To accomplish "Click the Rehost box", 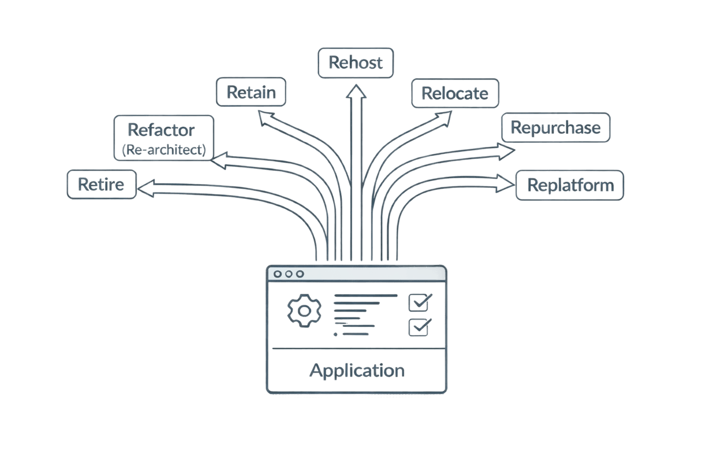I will pos(356,63).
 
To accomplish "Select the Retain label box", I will pos(251,92).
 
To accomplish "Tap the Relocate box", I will pos(455,93).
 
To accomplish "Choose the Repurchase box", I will pos(555,127).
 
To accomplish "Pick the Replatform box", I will pos(570,185).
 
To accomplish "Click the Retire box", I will pos(101,185).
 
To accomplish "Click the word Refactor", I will pos(161,130).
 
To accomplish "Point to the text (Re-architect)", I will pos(164,150).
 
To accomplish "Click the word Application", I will pos(357,370).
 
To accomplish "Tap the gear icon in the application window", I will pos(304,310).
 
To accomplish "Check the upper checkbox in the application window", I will pos(419,303).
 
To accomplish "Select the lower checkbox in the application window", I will pos(419,327).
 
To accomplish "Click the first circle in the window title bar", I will pos(278,274).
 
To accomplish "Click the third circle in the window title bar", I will pos(300,274).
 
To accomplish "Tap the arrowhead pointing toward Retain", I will pos(266,118).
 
